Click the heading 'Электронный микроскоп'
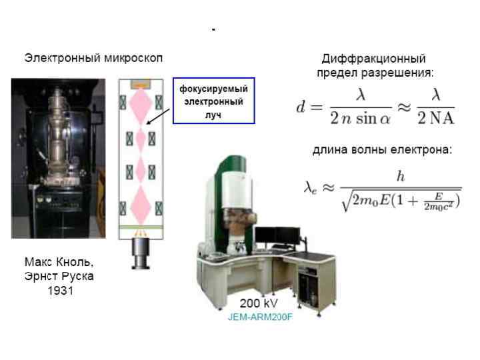pyautogui.click(x=94, y=57)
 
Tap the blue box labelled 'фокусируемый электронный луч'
pyautogui.click(x=213, y=101)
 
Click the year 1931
pyautogui.click(x=59, y=291)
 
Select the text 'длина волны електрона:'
pyautogui.click(x=382, y=150)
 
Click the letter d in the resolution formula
pyautogui.click(x=302, y=107)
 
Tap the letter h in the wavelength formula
pyautogui.click(x=401, y=176)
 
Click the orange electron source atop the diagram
pyautogui.click(x=141, y=84)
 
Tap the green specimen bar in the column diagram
pyautogui.click(x=141, y=227)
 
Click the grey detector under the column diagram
pyautogui.click(x=141, y=253)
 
